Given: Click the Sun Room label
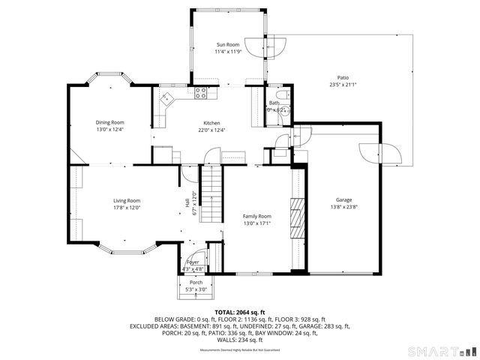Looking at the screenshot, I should [227, 46].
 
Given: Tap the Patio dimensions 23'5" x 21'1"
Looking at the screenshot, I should [343, 85].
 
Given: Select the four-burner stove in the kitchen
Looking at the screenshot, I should [201, 94].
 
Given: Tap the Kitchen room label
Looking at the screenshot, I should [212, 123].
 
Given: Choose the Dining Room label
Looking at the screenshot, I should [109, 122].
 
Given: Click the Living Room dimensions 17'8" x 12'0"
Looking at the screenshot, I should [127, 208].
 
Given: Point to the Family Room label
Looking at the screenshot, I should [256, 216].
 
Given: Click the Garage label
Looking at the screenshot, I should [343, 200].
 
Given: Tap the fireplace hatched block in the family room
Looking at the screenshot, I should [298, 218].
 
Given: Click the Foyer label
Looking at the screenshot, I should [193, 262].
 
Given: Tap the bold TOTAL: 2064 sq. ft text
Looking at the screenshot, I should [239, 311].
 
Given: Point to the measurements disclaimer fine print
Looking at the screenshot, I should [239, 350].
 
